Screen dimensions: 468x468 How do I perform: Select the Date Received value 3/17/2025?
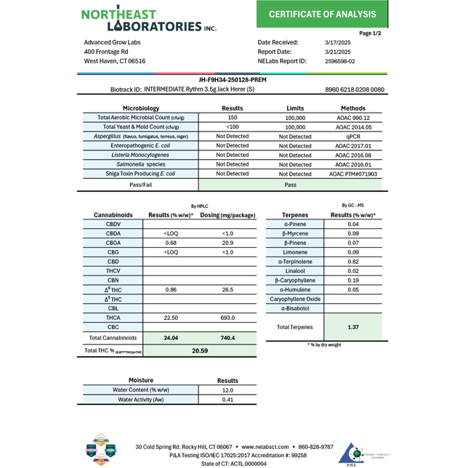(x=337, y=42)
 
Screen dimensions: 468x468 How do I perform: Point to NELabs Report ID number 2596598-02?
(x=339, y=62)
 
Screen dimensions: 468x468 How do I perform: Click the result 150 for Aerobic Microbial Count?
(x=233, y=117)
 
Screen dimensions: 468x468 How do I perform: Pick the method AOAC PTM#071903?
(x=353, y=174)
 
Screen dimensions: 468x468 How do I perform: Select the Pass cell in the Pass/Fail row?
(x=291, y=185)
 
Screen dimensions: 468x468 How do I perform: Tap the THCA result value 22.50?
(x=171, y=318)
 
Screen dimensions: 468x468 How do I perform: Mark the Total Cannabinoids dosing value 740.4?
(x=227, y=338)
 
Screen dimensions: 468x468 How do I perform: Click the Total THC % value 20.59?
(x=200, y=350)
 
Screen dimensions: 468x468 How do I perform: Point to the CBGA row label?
(x=113, y=243)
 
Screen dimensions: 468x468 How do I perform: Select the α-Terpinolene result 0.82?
(x=353, y=262)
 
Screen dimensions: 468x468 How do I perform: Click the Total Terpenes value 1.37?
(x=353, y=327)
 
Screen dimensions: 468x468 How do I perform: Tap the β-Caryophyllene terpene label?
(x=295, y=280)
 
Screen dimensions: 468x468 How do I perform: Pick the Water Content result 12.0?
(x=227, y=390)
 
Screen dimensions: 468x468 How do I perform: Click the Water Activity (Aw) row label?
(x=141, y=399)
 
